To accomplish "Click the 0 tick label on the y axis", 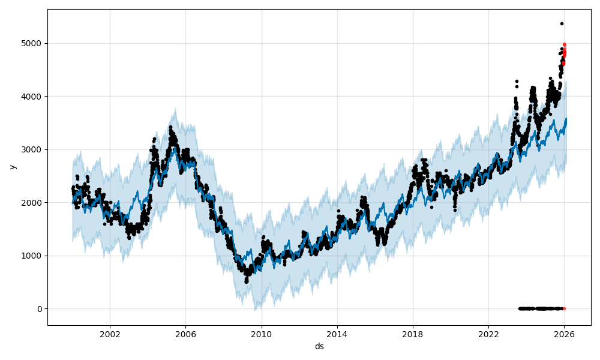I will point(40,309).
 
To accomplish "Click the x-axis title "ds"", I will point(319,346).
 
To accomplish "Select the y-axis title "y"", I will point(11,167).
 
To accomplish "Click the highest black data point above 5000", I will point(562,23).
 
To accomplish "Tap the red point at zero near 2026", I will point(564,308).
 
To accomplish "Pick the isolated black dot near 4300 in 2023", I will point(517,81).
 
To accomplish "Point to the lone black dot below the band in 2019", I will point(431,207).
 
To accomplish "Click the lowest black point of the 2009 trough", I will point(246,281).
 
